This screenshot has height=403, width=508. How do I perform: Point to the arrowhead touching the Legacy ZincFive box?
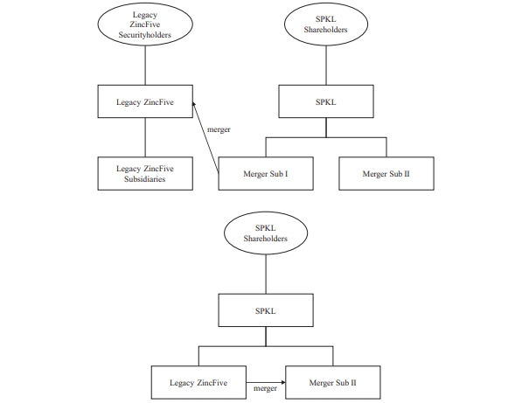(194, 104)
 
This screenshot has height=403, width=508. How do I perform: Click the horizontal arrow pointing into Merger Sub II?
(266, 383)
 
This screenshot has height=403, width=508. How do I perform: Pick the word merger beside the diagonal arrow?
(219, 129)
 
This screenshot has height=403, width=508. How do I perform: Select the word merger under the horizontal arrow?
(265, 388)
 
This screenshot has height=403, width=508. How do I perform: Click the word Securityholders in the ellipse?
(145, 35)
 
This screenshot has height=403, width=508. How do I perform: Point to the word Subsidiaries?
(145, 179)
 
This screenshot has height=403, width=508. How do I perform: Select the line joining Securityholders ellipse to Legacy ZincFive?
(145, 66)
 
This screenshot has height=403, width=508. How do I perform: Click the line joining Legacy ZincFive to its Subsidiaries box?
(145, 137)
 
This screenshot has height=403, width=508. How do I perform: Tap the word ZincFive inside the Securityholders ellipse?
(145, 24)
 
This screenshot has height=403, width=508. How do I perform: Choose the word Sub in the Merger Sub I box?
(276, 174)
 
